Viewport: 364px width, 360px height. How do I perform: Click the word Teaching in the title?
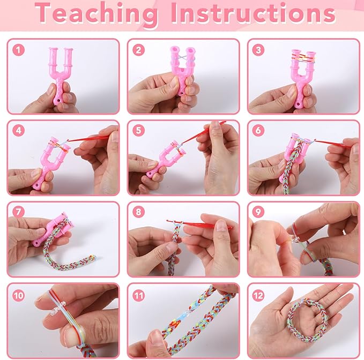[x=96, y=14]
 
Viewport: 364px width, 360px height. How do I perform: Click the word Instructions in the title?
[x=254, y=13]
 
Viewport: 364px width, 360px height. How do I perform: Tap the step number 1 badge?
[x=18, y=50]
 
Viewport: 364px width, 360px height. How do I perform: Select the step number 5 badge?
[x=139, y=130]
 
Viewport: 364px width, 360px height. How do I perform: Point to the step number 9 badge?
[x=258, y=212]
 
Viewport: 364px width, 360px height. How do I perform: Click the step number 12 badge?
[x=258, y=295]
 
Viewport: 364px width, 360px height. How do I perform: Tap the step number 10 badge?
[x=18, y=295]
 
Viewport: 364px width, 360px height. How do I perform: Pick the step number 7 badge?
[x=18, y=212]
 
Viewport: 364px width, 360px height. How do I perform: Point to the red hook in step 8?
[x=199, y=224]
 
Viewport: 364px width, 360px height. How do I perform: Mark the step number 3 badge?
[x=258, y=50]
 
